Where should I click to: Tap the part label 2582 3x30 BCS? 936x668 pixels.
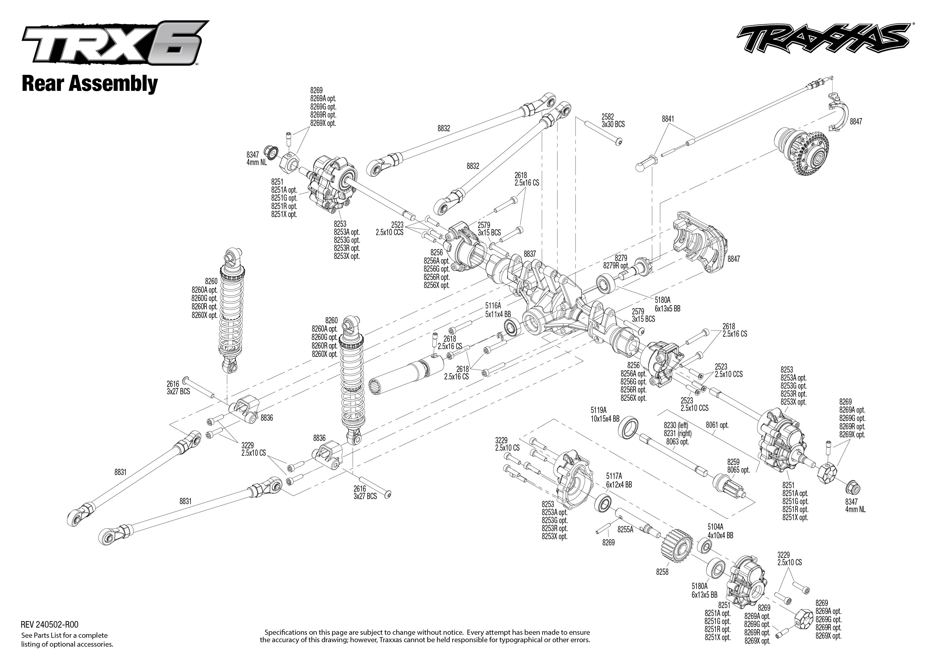tap(612, 121)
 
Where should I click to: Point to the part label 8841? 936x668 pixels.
tap(668, 119)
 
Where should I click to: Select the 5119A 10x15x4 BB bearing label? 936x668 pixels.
tap(605, 414)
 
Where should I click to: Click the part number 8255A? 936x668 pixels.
tap(625, 530)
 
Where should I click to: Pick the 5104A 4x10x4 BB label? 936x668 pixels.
tap(720, 531)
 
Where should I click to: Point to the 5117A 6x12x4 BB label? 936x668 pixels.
tap(618, 480)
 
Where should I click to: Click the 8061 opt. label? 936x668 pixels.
tap(717, 425)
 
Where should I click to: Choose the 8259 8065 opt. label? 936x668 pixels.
tap(738, 466)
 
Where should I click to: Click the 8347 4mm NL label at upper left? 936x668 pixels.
tap(256, 158)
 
